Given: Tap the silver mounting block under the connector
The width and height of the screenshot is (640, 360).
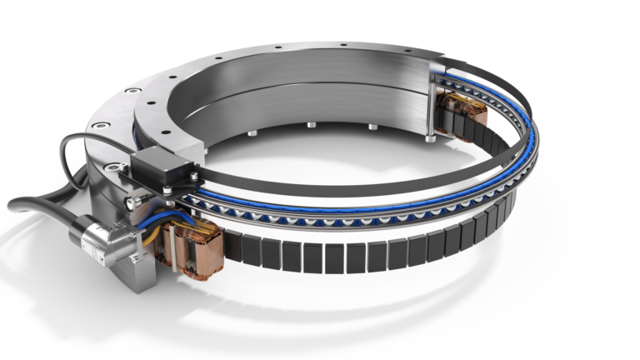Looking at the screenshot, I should click(133, 267).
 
